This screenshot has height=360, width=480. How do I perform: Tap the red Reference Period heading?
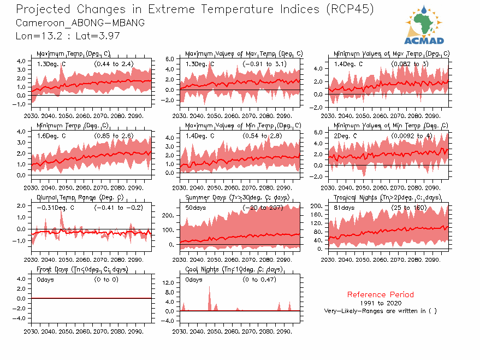[381, 294]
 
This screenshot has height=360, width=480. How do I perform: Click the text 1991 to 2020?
[381, 303]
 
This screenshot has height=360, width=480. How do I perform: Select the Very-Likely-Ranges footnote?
[381, 311]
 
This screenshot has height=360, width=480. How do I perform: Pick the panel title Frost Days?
[82, 269]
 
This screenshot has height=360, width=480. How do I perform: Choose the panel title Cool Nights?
[234, 269]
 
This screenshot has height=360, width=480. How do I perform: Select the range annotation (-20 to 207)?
[264, 208]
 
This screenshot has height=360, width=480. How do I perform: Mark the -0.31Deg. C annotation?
[55, 208]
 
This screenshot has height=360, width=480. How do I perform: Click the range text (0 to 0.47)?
[259, 280]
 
